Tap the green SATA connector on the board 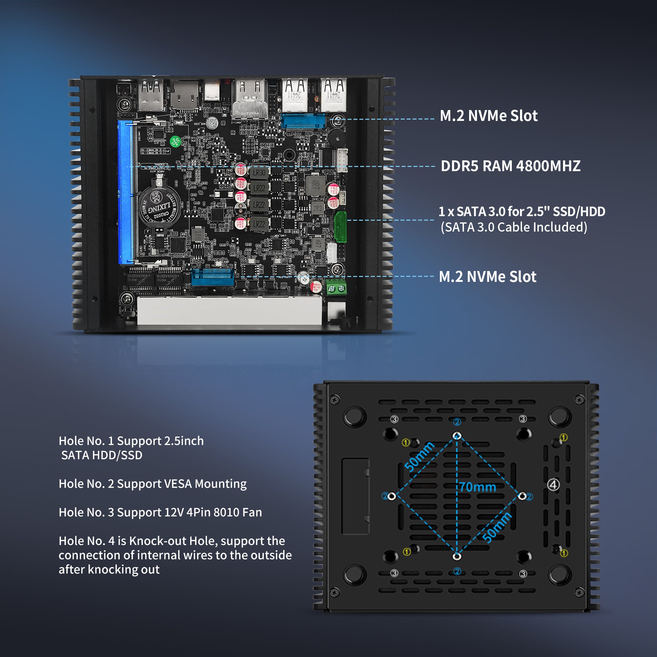click(340, 227)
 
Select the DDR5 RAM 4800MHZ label click(510, 166)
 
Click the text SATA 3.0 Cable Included click(514, 227)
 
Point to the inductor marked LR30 click(259, 173)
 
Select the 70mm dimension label click(478, 487)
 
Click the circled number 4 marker click(553, 485)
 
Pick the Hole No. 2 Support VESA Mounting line click(153, 484)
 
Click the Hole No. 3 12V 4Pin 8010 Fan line click(160, 512)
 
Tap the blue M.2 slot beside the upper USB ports click(303, 121)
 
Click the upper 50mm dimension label click(419, 457)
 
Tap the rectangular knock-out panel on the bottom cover click(355, 496)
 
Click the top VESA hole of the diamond click(457, 436)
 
